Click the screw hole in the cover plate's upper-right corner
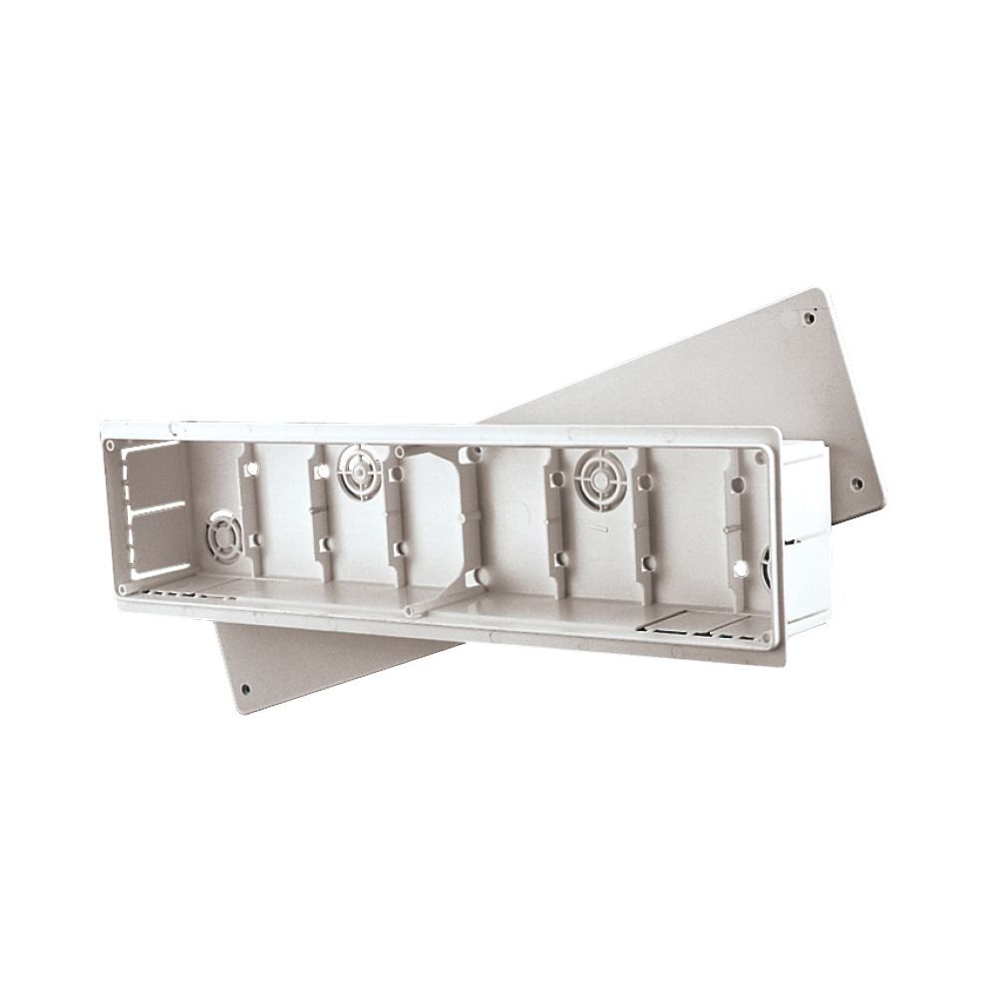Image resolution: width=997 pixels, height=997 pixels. coord(809,319)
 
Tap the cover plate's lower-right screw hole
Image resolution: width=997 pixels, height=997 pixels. coord(856,485)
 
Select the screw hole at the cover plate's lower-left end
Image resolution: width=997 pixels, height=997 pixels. coord(245,688)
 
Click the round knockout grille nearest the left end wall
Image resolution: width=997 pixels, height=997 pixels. coord(223,535)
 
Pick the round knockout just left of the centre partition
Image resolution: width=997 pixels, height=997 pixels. coord(359,472)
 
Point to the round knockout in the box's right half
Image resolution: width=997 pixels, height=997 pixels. coord(600,479)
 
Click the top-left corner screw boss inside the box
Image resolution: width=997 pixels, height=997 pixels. coord(111,446)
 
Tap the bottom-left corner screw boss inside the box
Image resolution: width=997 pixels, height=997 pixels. coord(123,589)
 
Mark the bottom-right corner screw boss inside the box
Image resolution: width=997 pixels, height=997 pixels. coord(765,635)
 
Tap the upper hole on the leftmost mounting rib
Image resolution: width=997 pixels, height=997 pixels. coord(251,469)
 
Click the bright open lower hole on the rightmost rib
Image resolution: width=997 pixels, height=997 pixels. coord(740,567)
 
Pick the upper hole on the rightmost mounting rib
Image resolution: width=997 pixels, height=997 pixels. coord(737,485)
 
